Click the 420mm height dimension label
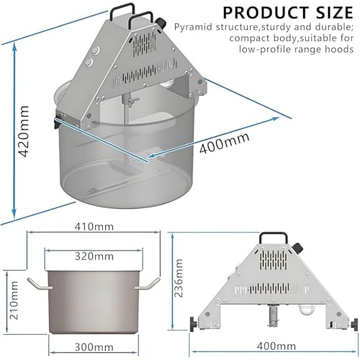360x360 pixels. pos(24,131)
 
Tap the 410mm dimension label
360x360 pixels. pos(94,227)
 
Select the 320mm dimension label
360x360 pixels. pos(94,256)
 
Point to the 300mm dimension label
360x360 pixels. pos(94,347)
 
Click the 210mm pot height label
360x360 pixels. pos(14,300)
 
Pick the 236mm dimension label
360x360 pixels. pos(179,278)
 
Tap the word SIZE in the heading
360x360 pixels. pos(335,12)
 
